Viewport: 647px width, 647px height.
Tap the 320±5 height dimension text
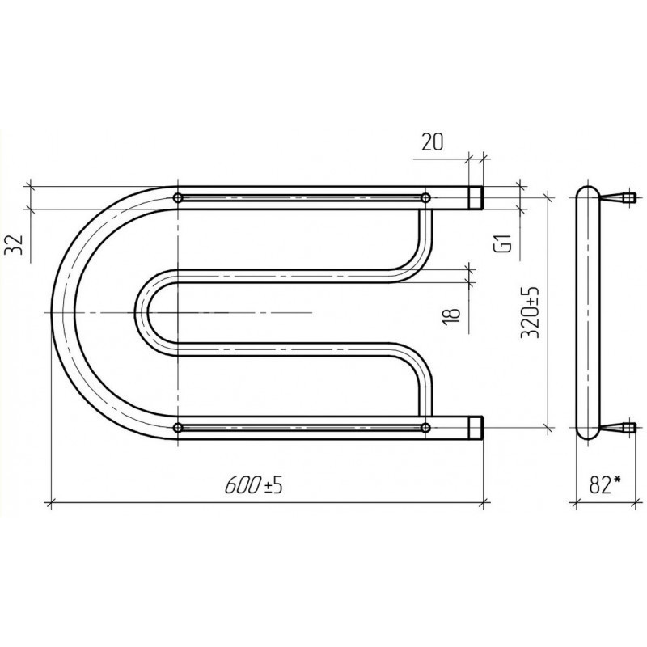click(x=530, y=311)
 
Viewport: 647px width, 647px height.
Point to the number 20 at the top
click(x=432, y=142)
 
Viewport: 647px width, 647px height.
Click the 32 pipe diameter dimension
click(x=14, y=244)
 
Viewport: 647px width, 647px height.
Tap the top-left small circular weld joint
click(x=178, y=198)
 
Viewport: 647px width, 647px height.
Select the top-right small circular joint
click(x=425, y=198)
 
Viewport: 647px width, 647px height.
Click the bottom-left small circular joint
click(x=178, y=428)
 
